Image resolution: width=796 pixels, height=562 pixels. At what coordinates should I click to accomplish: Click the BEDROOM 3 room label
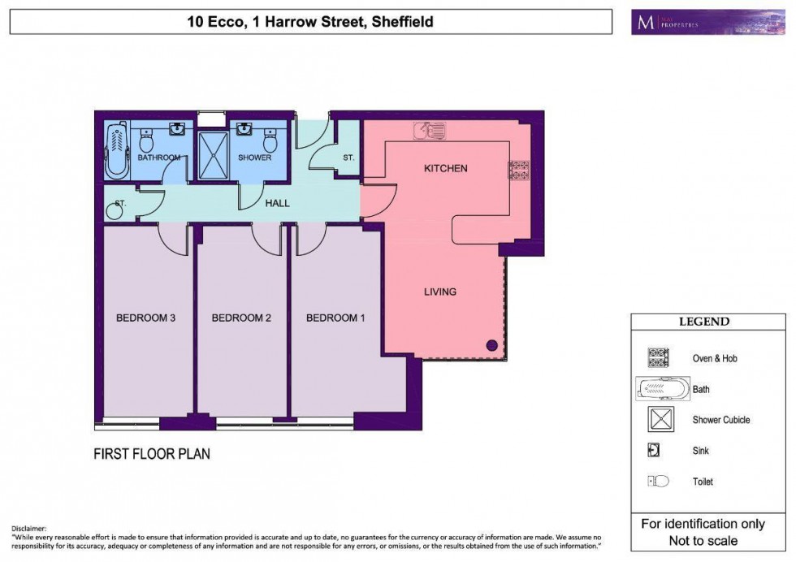click(145, 318)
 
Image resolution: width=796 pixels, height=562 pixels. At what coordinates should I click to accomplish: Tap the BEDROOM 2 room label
click(241, 318)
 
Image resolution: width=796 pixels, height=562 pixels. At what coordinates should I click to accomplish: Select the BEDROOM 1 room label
click(335, 318)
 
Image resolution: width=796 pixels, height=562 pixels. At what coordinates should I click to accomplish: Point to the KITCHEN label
click(446, 168)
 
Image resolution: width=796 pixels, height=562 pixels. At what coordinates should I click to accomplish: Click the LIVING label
click(439, 292)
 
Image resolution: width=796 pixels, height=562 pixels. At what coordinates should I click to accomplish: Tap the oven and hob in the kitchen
click(518, 171)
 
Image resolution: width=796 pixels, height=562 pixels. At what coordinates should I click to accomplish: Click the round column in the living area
click(491, 345)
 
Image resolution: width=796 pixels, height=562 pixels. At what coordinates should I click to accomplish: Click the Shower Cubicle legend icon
click(655, 420)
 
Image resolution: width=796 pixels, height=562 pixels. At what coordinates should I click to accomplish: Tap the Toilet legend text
click(703, 482)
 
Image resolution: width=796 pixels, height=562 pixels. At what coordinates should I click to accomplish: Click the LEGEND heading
click(704, 322)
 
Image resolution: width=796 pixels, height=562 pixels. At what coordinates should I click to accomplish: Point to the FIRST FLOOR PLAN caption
click(152, 453)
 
